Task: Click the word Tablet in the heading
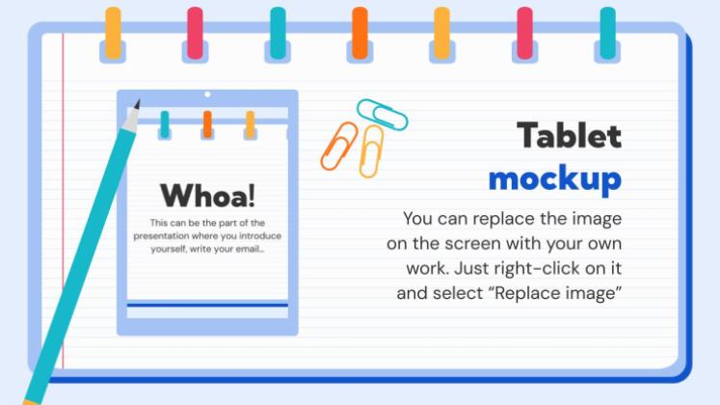569,136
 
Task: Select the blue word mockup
554,179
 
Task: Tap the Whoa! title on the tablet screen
207,196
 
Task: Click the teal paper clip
382,114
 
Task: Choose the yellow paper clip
371,151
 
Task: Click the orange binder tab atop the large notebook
360,34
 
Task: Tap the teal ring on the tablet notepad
165,124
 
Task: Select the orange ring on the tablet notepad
207,124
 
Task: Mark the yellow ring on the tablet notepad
250,124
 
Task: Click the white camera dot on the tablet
207,94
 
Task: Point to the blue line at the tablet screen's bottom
207,305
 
